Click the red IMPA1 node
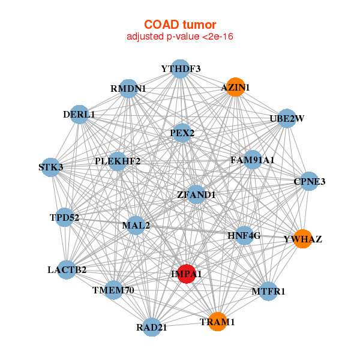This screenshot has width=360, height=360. tap(187, 274)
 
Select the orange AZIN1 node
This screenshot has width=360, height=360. tap(235, 87)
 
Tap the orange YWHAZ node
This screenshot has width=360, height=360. tap(303, 239)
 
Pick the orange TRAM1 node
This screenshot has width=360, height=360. tap(217, 322)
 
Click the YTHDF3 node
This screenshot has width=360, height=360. tap(181, 69)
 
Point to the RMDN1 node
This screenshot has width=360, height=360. tap(128, 89)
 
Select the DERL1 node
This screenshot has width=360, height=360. tap(79, 115)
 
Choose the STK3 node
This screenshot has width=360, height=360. tap(51, 167)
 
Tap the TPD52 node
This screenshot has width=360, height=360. tap(65, 217)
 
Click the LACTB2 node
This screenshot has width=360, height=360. tap(67, 270)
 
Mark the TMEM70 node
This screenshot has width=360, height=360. tap(113, 290)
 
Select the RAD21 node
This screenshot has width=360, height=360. tap(152, 327)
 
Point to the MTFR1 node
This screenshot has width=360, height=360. tap(268, 291)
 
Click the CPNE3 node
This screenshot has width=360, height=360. tap(309, 181)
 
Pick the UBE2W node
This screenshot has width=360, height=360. tap(287, 118)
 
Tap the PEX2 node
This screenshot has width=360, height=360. tap(182, 133)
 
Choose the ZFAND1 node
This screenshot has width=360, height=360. tap(196, 194)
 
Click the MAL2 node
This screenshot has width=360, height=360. tap(136, 225)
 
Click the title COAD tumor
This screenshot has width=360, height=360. tap(180, 25)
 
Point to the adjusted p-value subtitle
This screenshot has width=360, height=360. tap(180, 37)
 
